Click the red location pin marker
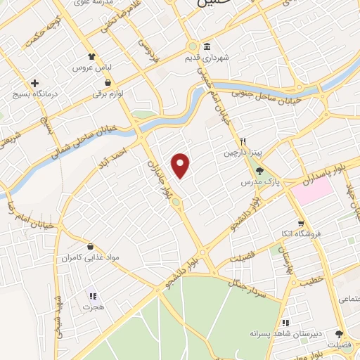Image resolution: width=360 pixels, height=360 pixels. click(x=181, y=165)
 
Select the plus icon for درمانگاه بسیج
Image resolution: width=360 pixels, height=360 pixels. click(x=34, y=83)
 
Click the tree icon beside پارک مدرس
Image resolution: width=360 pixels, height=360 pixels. click(x=259, y=170)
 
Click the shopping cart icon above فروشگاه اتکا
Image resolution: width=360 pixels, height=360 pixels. click(x=316, y=220)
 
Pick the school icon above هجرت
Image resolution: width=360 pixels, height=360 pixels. click(x=91, y=295)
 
